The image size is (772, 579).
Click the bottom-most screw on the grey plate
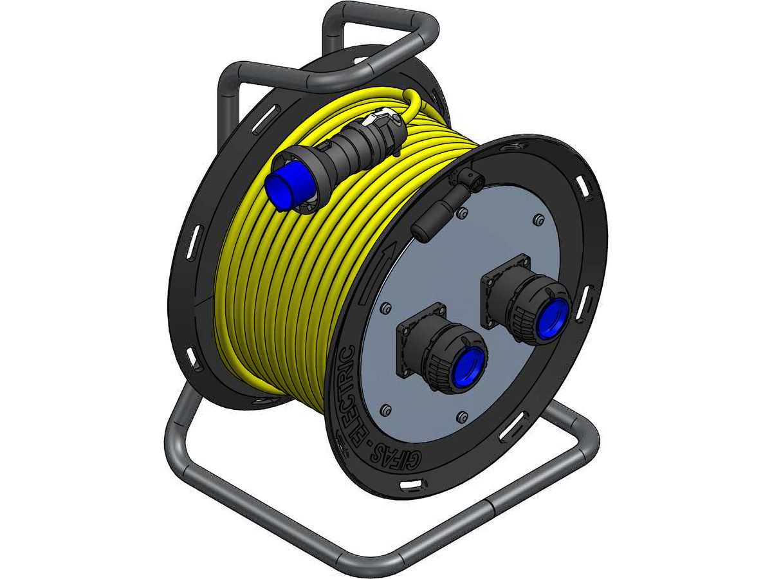click(x=460, y=418)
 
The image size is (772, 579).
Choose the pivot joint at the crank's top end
click(x=475, y=181)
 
